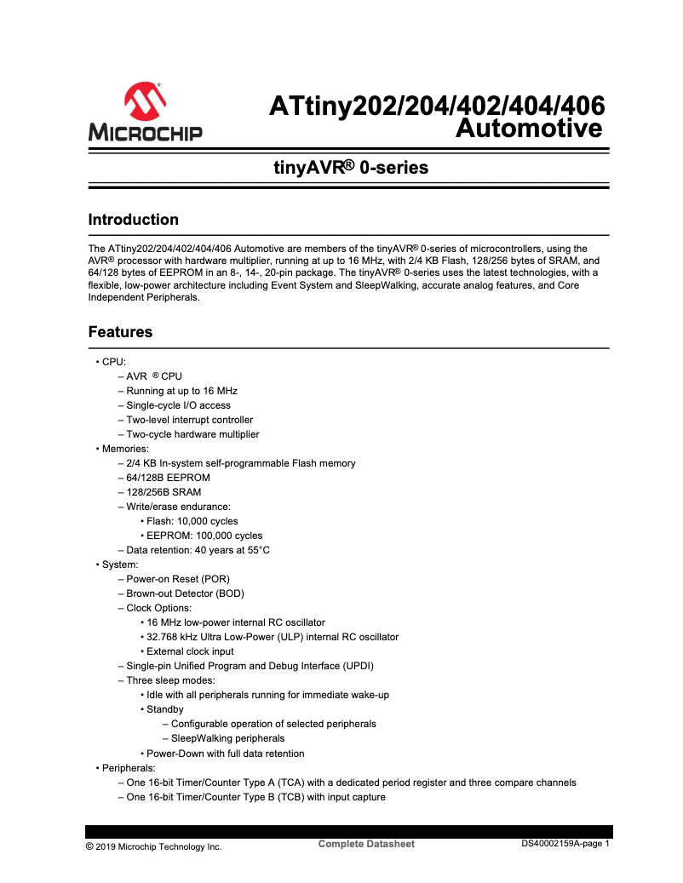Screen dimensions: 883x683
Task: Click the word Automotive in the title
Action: pyautogui.click(x=529, y=129)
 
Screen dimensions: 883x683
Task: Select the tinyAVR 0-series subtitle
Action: pyautogui.click(x=350, y=168)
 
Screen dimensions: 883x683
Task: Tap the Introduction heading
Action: pyautogui.click(x=134, y=220)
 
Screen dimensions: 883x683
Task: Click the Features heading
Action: pyautogui.click(x=120, y=332)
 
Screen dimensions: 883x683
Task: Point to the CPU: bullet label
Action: pyautogui.click(x=113, y=362)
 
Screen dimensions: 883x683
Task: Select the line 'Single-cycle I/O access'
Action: pyautogui.click(x=178, y=405)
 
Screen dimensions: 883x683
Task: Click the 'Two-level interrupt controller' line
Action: pyautogui.click(x=189, y=420)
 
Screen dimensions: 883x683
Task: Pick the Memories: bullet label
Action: pyautogui.click(x=125, y=449)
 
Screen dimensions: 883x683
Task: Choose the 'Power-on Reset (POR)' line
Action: pyautogui.click(x=178, y=579)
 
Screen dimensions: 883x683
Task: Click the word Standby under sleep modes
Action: pyautogui.click(x=164, y=709)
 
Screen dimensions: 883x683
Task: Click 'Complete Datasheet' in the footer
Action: pyautogui.click(x=366, y=844)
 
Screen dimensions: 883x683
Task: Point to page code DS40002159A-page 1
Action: pyautogui.click(x=566, y=844)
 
